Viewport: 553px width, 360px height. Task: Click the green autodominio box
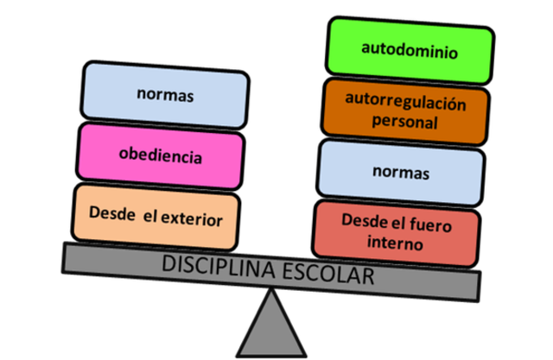click(x=410, y=48)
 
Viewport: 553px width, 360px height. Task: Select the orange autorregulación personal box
click(x=404, y=111)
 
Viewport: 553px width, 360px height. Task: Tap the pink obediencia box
click(x=161, y=156)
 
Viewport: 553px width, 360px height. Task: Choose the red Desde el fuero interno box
click(x=396, y=231)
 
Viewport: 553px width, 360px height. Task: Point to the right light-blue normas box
click(x=400, y=172)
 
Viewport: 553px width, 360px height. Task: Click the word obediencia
click(x=161, y=156)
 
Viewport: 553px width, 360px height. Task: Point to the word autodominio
click(x=410, y=49)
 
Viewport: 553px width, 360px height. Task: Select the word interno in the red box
click(x=394, y=243)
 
